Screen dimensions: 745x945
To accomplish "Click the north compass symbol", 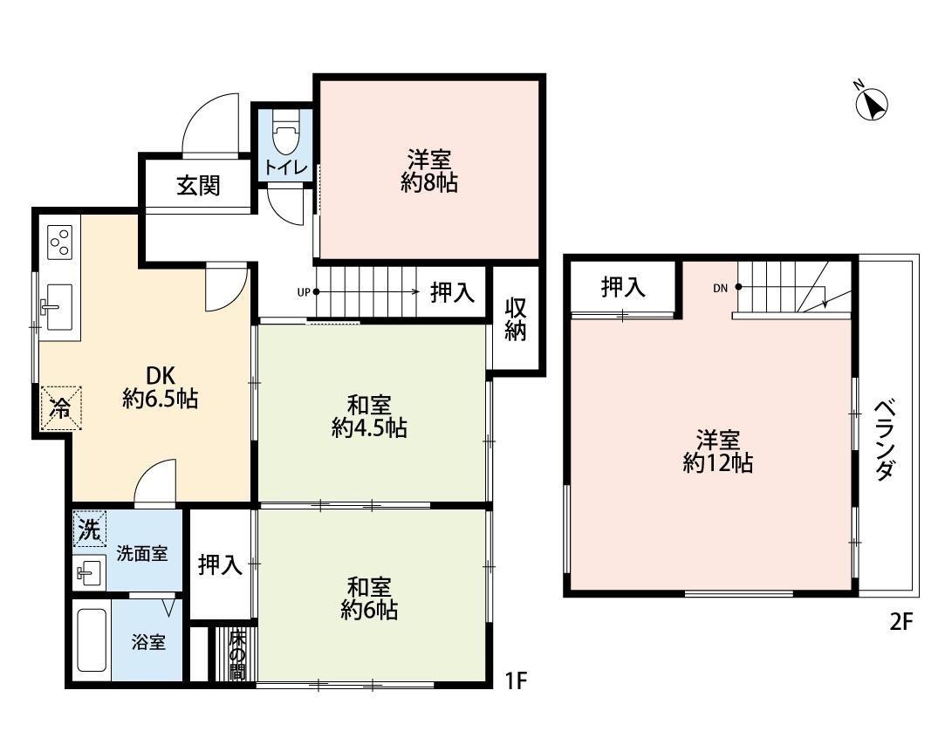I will pyautogui.click(x=872, y=104).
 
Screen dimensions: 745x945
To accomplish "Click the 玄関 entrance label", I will pyautogui.click(x=198, y=185).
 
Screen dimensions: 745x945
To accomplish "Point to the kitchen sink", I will pyautogui.click(x=58, y=307).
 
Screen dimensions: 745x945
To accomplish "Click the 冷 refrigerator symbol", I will pyautogui.click(x=59, y=407).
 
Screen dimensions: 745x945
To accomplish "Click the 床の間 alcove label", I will pyautogui.click(x=236, y=653).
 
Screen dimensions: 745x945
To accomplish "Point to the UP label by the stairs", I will pyautogui.click(x=303, y=292).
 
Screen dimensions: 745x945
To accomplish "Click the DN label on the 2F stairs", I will pyautogui.click(x=720, y=287).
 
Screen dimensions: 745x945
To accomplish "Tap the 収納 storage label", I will pyautogui.click(x=516, y=320).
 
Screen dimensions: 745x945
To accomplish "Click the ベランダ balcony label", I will pyautogui.click(x=885, y=441).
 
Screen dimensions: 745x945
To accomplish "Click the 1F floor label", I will pyautogui.click(x=516, y=680).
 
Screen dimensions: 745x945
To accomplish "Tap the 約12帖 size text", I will pyautogui.click(x=718, y=463).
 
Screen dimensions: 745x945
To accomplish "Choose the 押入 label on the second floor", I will pyautogui.click(x=623, y=288).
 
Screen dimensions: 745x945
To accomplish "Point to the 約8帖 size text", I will pyautogui.click(x=428, y=183).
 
